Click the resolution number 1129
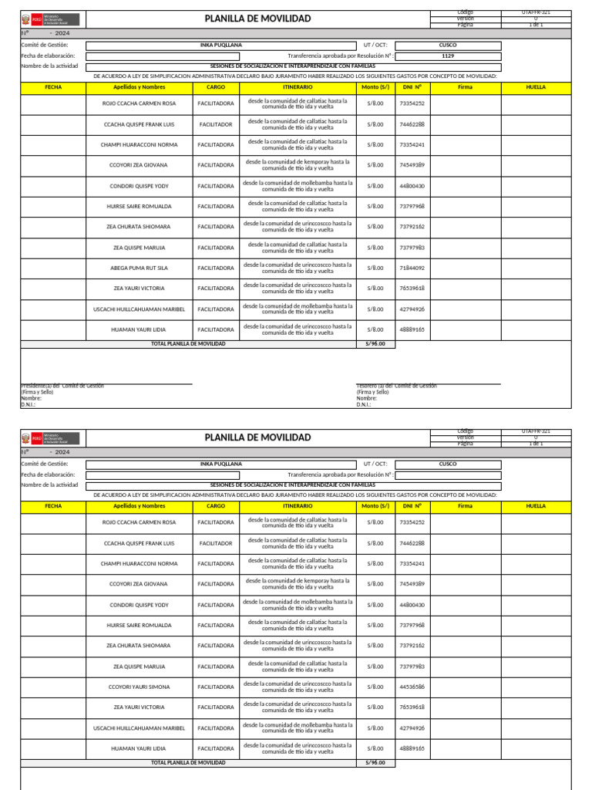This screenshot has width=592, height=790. (448, 56)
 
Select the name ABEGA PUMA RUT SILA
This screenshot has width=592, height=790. (139, 268)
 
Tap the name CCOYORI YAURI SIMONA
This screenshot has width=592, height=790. (139, 687)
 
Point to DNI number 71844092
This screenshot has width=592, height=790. (412, 268)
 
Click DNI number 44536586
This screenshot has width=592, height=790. (412, 687)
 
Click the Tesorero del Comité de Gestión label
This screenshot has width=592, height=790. (396, 386)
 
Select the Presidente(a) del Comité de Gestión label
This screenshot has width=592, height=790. (62, 386)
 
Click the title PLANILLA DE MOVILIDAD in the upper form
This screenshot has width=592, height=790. (257, 19)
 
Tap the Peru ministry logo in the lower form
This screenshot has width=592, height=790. (49, 437)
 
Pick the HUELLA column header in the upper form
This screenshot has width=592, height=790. (536, 88)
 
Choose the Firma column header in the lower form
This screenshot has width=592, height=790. (465, 506)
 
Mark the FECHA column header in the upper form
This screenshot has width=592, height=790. (53, 88)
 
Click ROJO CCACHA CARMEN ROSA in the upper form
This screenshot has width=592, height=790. (139, 103)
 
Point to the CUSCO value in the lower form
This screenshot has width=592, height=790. (448, 464)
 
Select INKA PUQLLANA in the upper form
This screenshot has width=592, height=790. (220, 46)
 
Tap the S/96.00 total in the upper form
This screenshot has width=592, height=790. (375, 344)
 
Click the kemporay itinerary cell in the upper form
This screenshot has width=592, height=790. (298, 165)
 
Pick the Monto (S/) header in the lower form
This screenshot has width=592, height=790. (375, 506)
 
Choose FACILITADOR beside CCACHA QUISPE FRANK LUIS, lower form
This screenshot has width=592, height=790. (216, 543)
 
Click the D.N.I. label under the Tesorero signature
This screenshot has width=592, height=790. (364, 404)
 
